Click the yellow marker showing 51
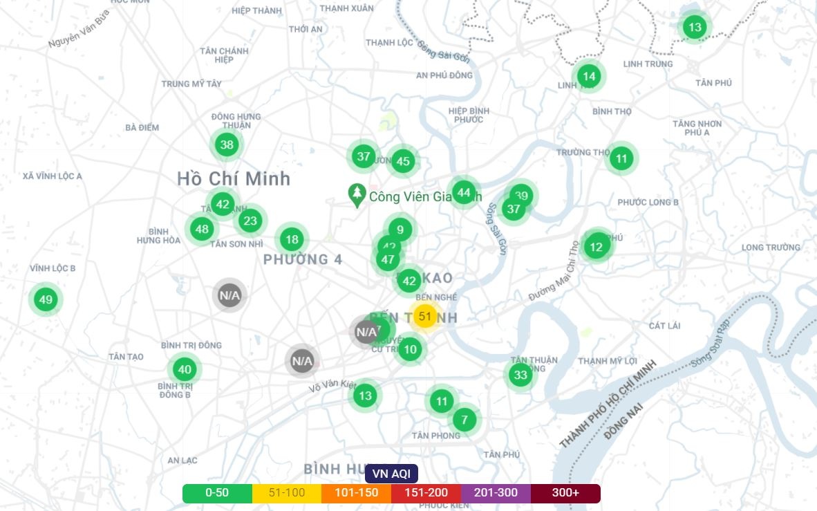425,317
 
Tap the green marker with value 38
226,145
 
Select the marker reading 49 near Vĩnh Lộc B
46,300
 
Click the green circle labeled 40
184,369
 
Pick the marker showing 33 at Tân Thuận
520,375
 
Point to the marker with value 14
588,76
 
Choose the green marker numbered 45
403,162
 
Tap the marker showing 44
464,192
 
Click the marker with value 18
292,240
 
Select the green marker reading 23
250,221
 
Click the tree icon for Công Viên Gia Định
357,196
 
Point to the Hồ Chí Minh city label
234,178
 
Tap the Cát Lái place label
665,326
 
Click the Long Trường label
771,248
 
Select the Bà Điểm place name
142,127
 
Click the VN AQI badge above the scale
391,474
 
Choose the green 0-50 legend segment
217,493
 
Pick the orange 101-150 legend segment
356,493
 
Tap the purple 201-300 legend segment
496,493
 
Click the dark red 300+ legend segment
565,493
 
